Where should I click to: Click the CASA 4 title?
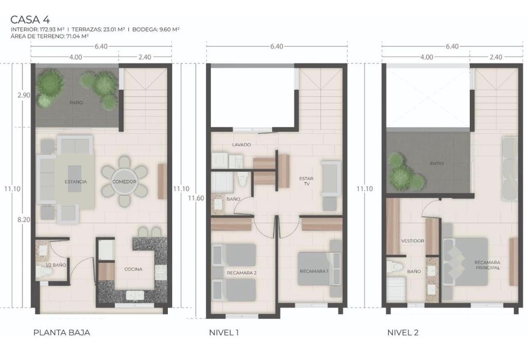pyautogui.click(x=30, y=19)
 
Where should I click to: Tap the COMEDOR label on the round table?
pyautogui.click(x=125, y=182)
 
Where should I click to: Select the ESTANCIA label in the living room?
pyautogui.click(x=76, y=182)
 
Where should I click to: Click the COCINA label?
pyautogui.click(x=133, y=269)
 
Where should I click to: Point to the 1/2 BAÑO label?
pyautogui.click(x=56, y=265)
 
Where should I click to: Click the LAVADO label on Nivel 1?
pyautogui.click(x=242, y=145)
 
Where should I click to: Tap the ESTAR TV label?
pyautogui.click(x=306, y=182)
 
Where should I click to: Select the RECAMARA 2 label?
pyautogui.click(x=242, y=273)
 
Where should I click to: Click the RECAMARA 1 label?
pyautogui.click(x=314, y=271)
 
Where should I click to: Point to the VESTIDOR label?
pyautogui.click(x=412, y=241)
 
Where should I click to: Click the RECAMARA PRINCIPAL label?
pyautogui.click(x=487, y=265)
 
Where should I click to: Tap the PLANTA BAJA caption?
pyautogui.click(x=62, y=333)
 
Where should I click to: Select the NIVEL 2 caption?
pyautogui.click(x=403, y=333)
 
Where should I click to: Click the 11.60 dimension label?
pyautogui.click(x=196, y=198)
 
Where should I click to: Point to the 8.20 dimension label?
pyautogui.click(x=24, y=220)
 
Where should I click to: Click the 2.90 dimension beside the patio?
pyautogui.click(x=24, y=95)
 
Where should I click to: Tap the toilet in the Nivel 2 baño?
pyautogui.click(x=395, y=266)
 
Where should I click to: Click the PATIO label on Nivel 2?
pyautogui.click(x=436, y=164)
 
